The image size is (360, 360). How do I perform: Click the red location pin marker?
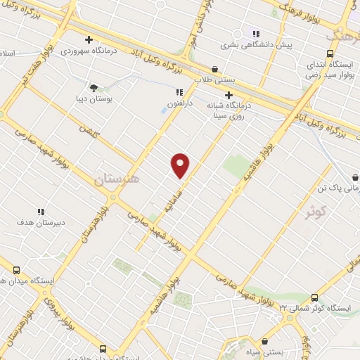pyautogui.click(x=181, y=165)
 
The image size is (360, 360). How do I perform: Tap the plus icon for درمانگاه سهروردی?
pyautogui.click(x=89, y=39)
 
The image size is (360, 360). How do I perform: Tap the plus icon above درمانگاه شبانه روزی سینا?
pyautogui.click(x=229, y=94)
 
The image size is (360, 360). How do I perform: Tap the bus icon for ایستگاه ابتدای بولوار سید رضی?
pyautogui.click(x=330, y=53)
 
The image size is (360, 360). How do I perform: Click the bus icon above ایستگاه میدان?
pyautogui.click(x=15, y=269)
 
